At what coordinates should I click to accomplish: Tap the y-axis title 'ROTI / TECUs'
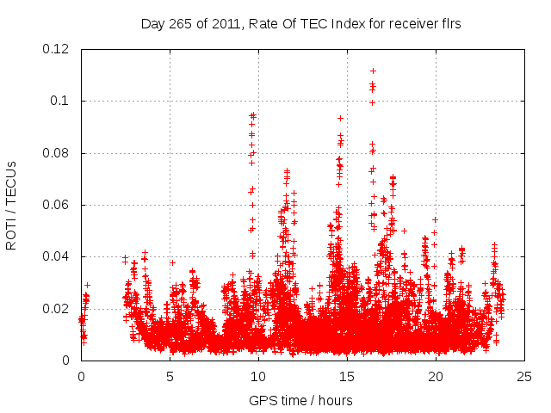click(x=11, y=205)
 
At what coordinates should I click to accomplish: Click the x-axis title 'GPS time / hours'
click(x=300, y=400)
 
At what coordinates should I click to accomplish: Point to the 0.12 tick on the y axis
click(x=59, y=49)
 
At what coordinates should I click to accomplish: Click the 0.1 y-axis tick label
click(x=63, y=101)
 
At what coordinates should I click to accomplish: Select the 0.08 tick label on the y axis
click(x=59, y=153)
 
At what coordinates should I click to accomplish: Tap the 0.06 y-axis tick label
click(x=59, y=205)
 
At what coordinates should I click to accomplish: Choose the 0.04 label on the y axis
click(x=59, y=256)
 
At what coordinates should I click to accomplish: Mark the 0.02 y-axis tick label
click(x=59, y=308)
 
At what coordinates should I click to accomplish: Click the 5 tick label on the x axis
click(x=170, y=376)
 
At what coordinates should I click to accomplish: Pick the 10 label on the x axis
click(x=258, y=376)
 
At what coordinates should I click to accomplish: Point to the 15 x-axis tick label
click(x=347, y=376)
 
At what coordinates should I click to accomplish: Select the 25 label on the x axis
click(x=524, y=376)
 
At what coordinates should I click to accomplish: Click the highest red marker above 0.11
click(x=373, y=71)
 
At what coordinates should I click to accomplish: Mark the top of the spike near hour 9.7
click(x=253, y=114)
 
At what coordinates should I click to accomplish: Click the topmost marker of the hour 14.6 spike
click(x=340, y=118)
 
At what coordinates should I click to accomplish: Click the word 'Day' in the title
click(x=152, y=24)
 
